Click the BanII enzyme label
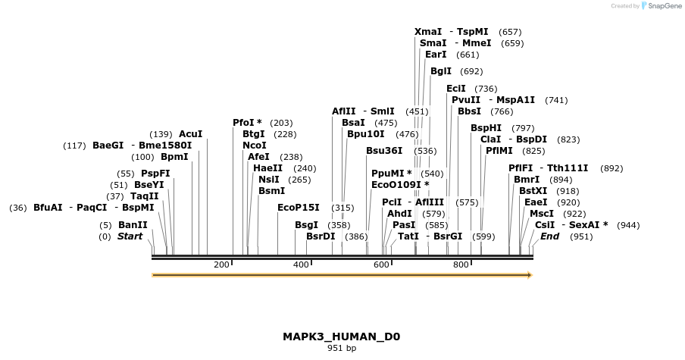click(x=133, y=225)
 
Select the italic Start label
click(x=130, y=236)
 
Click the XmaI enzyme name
click(x=428, y=32)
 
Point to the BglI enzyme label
click(x=441, y=71)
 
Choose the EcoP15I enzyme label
click(x=299, y=207)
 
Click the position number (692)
click(x=471, y=72)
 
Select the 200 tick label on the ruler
click(x=221, y=265)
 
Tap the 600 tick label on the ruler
click(x=380, y=265)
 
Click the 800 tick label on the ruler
click(x=461, y=265)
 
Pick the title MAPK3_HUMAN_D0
click(x=341, y=337)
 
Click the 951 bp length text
click(x=342, y=349)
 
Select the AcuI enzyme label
click(x=190, y=134)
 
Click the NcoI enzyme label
click(x=255, y=146)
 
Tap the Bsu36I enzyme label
click(x=384, y=151)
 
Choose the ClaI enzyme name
click(x=491, y=139)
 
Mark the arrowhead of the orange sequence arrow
click(x=530, y=275)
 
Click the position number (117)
click(x=74, y=146)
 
